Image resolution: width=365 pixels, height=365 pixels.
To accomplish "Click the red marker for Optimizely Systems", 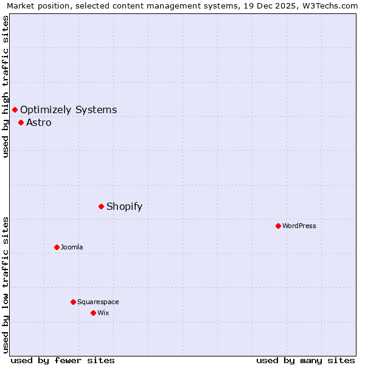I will click(15, 109).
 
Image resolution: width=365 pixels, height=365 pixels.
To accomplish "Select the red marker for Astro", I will click(21, 122).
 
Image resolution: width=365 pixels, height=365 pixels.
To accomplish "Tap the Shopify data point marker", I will click(101, 206).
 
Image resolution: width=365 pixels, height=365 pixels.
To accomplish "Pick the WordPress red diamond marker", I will click(278, 226).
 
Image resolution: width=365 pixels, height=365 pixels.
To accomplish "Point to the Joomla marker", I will click(57, 247).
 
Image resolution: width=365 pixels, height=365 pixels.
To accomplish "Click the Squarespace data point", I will click(73, 302).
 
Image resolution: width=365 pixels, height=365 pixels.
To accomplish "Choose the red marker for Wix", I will click(93, 313).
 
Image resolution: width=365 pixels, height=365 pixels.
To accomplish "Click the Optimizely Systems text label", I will click(68, 109).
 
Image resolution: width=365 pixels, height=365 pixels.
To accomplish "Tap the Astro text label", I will click(38, 122).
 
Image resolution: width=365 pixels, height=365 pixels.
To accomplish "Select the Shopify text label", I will click(124, 206).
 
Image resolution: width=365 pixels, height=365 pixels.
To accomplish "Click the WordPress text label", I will click(299, 226).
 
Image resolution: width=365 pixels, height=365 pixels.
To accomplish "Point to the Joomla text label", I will click(72, 247).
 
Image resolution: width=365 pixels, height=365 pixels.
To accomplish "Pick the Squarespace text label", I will click(98, 302).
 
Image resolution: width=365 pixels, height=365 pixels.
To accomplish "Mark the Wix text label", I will click(103, 313).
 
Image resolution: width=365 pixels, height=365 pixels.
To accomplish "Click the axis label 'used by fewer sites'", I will click(63, 360).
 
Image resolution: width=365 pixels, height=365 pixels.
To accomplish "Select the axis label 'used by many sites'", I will click(305, 360).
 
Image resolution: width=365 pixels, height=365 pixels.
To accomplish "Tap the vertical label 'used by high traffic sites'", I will click(5, 86).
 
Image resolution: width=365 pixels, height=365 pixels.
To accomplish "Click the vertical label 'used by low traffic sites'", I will click(5, 284).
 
